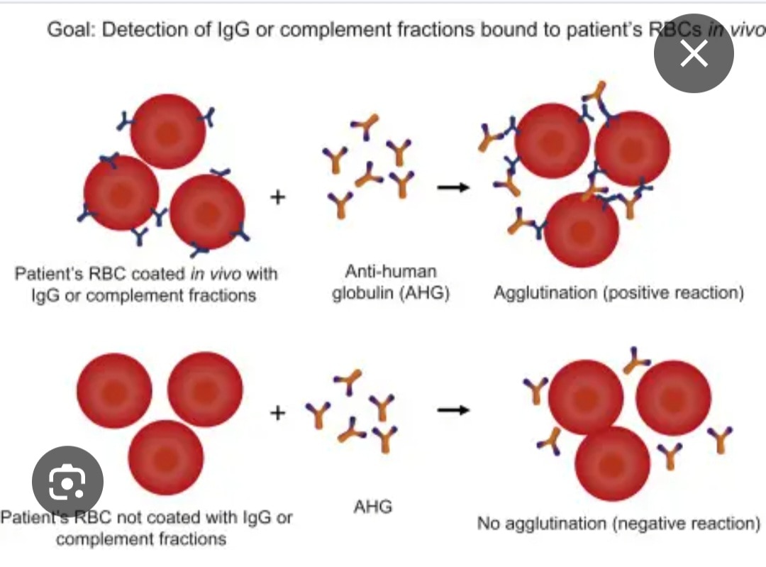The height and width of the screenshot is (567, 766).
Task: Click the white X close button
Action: click(x=694, y=53)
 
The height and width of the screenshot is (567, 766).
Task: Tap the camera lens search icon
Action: click(x=68, y=483)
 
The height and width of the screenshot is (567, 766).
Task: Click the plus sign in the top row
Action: click(x=278, y=197)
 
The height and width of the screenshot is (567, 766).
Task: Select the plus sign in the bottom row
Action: click(x=278, y=412)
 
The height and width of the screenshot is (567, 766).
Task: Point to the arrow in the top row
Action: click(x=453, y=187)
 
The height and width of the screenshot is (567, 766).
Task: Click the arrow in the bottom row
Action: click(x=453, y=409)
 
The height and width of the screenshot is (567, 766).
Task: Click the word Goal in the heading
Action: click(x=70, y=31)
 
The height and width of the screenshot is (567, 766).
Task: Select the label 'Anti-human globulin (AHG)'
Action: click(x=391, y=282)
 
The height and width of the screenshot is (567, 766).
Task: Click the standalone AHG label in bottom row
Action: click(x=372, y=507)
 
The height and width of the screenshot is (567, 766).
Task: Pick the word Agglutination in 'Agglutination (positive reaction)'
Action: click(x=545, y=292)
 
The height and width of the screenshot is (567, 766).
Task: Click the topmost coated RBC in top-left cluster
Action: click(x=168, y=132)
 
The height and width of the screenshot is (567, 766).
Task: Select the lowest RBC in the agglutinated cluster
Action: click(x=582, y=231)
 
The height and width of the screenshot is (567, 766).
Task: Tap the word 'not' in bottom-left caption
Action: click(x=128, y=517)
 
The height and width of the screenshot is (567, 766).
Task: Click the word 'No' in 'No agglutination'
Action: click(x=489, y=524)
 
